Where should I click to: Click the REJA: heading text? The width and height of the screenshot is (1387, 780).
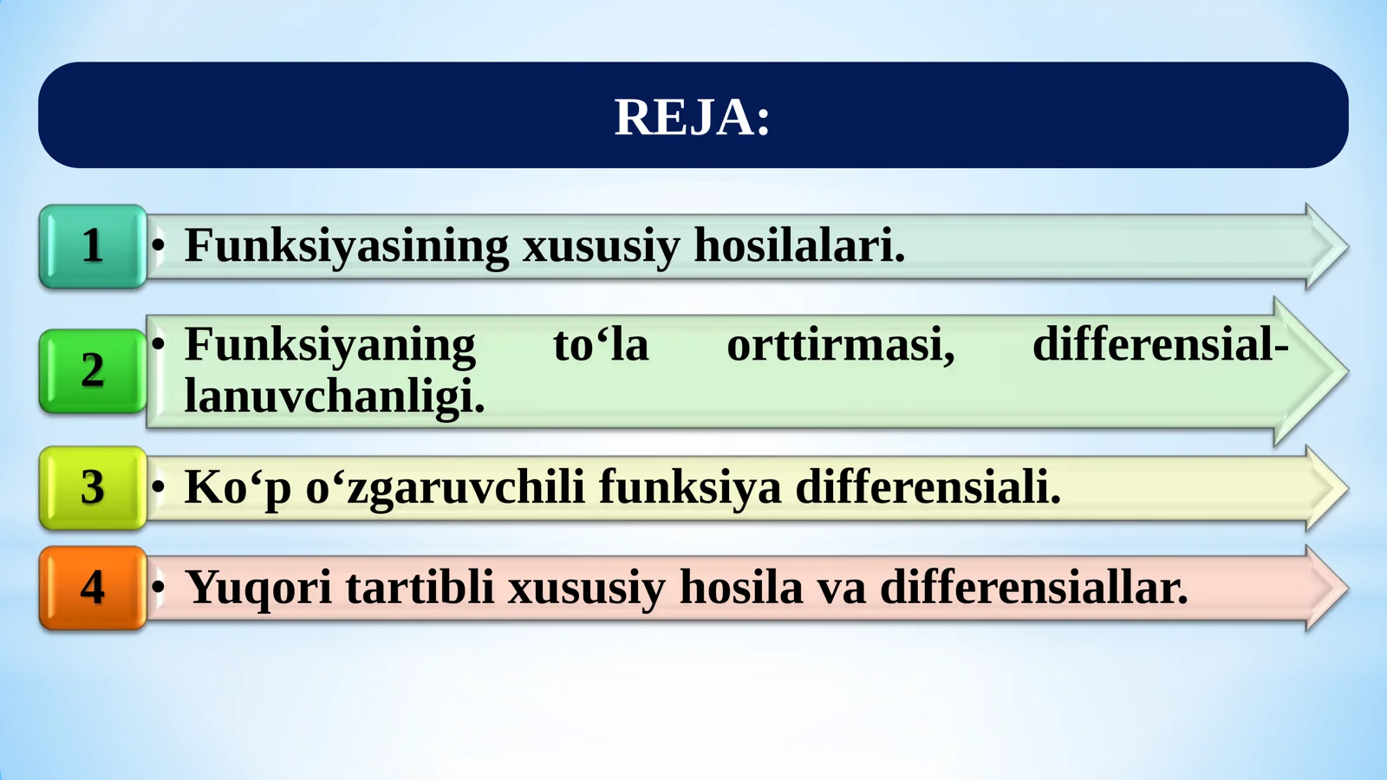pos(692,117)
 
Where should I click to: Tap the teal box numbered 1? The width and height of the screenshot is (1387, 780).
pos(93,246)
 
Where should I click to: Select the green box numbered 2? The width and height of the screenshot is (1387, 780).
pos(93,371)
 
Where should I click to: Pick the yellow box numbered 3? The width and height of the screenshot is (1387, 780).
pos(93,488)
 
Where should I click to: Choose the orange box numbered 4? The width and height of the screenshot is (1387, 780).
pos(93,588)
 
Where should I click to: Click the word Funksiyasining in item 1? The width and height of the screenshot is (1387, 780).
pos(346,245)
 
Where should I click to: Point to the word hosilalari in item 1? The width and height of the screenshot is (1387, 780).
pos(798,245)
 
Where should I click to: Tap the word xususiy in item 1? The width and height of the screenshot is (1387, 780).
pos(601,245)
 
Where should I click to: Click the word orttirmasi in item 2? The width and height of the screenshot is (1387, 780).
pos(840,345)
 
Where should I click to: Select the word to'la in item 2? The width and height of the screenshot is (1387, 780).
pos(601,345)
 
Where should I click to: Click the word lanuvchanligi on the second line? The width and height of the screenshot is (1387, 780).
pos(334,397)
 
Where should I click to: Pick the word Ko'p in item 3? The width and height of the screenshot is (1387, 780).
pos(238,487)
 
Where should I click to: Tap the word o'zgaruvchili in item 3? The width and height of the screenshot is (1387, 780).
pos(445,487)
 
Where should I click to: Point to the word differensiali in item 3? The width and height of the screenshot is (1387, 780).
pos(928,487)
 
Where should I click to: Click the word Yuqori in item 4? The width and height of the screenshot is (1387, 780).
pos(258,588)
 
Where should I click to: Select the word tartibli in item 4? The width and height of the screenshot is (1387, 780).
pos(420,588)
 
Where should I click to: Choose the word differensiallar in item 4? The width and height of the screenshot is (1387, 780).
pos(1033,588)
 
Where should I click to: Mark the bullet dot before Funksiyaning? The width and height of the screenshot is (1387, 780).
pos(158,345)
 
